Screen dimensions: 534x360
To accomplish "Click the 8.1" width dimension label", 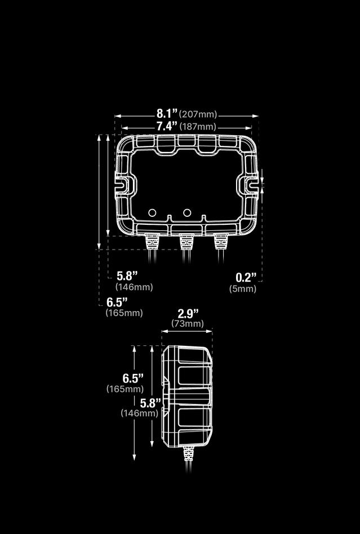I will click(x=167, y=114).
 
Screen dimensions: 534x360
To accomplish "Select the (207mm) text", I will click(x=198, y=115).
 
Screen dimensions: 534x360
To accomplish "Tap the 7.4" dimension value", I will click(x=167, y=126).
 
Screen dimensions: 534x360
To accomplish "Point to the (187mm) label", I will click(x=198, y=127).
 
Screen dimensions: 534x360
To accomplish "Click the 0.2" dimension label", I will click(x=246, y=277).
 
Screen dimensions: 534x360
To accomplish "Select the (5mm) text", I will click(x=243, y=289).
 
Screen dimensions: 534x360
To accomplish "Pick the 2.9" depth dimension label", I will click(x=188, y=313).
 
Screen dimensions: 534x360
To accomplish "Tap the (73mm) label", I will click(x=188, y=324).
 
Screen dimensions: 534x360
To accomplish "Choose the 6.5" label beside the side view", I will click(x=133, y=378).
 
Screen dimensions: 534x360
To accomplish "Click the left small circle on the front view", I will click(x=152, y=212).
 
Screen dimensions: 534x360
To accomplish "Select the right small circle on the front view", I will click(x=187, y=212).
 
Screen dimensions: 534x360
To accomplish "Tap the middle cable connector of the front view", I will click(x=185, y=243).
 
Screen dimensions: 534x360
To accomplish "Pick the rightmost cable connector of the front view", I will click(x=220, y=243).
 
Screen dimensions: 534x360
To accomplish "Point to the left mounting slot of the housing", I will click(x=122, y=184).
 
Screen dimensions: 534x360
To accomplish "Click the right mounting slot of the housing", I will click(x=251, y=184).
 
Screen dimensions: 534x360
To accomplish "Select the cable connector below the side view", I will click(x=187, y=452).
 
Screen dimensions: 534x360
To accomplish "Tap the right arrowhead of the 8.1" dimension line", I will click(x=256, y=116).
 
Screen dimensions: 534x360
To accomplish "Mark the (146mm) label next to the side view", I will click(x=139, y=413).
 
